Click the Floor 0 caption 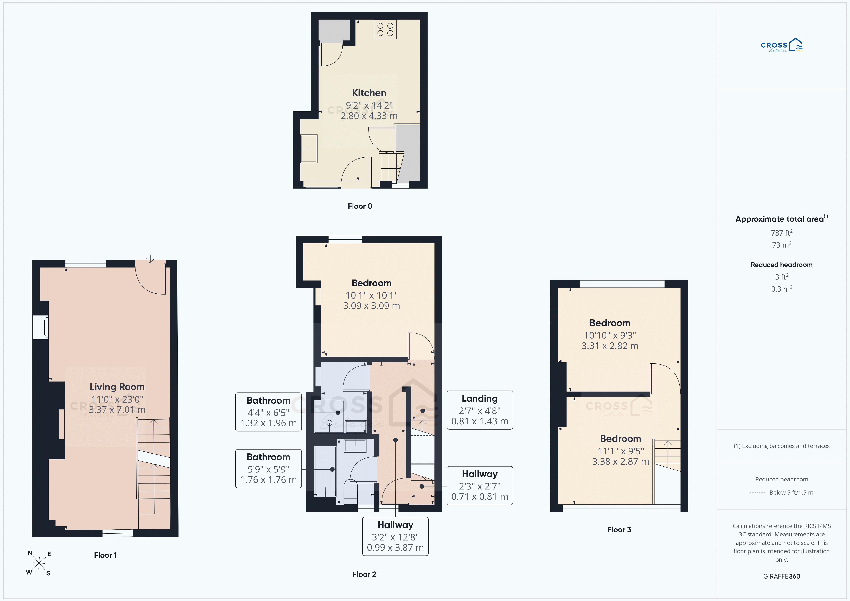[360, 206]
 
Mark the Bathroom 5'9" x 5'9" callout [268, 468]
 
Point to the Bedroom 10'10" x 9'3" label [610, 334]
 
